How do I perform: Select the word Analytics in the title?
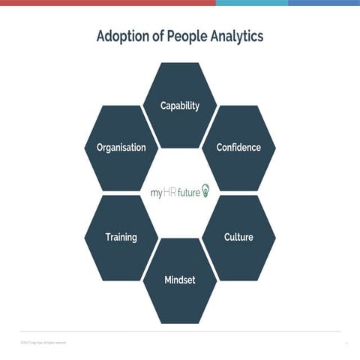pyautogui.click(x=237, y=36)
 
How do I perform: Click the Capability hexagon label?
pyautogui.click(x=180, y=106)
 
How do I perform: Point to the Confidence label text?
pyautogui.click(x=238, y=148)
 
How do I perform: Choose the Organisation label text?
pyautogui.click(x=121, y=148)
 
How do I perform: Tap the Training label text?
pyautogui.click(x=121, y=238)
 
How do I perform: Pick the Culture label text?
pyautogui.click(x=238, y=238)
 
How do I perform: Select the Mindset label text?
pyautogui.click(x=180, y=280)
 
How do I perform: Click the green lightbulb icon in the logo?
pyautogui.click(x=205, y=190)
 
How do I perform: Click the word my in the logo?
pyautogui.click(x=156, y=193)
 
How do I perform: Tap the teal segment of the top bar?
pyautogui.click(x=251, y=2)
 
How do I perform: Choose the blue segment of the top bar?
pyautogui.click(x=323, y=2)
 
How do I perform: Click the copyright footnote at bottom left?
pyautogui.click(x=43, y=343)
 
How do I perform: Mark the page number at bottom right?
pyautogui.click(x=347, y=343)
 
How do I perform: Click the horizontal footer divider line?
pyautogui.click(x=180, y=331)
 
